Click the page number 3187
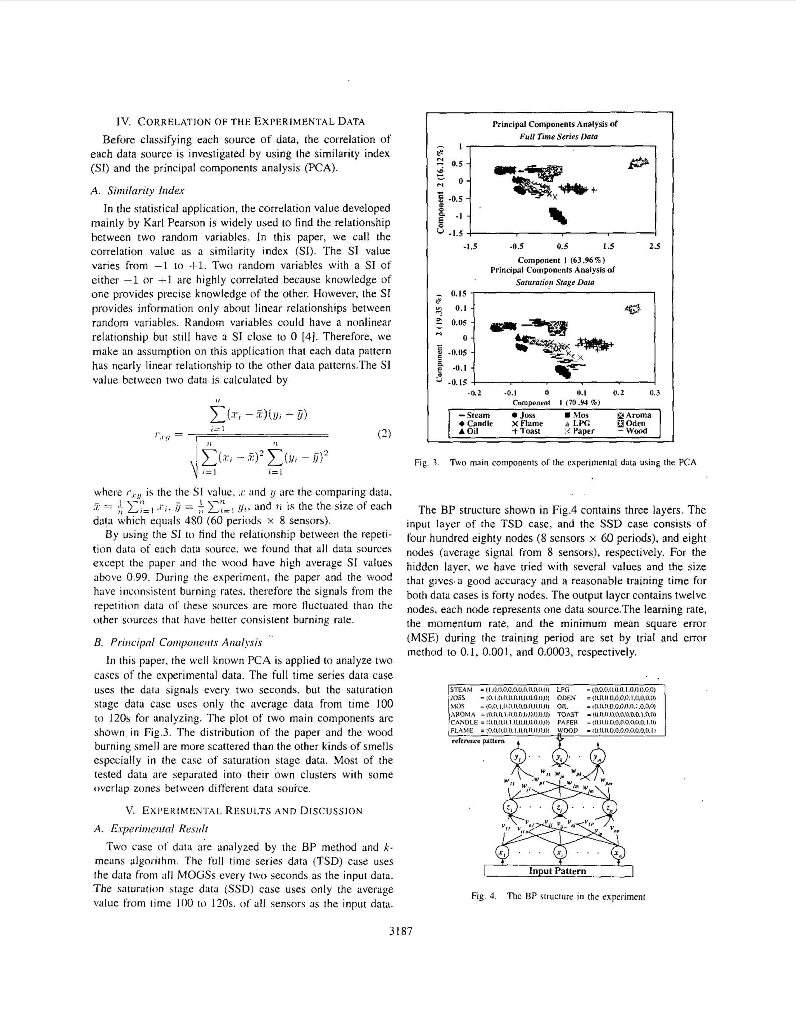pyautogui.click(x=401, y=931)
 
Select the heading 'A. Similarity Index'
pyautogui.click(x=137, y=191)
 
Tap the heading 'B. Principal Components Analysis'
pyautogui.click(x=178, y=643)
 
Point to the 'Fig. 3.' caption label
pyautogui.click(x=426, y=463)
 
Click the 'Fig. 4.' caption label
pyautogui.click(x=484, y=896)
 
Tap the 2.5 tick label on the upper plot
pyautogui.click(x=655, y=246)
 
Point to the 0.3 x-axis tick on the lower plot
pyautogui.click(x=655, y=393)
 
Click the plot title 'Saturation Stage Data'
pyautogui.click(x=555, y=283)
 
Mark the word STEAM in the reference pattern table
pyautogui.click(x=461, y=689)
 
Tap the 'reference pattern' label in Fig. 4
pyautogui.click(x=478, y=741)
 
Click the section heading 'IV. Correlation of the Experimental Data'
pyautogui.click(x=240, y=122)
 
